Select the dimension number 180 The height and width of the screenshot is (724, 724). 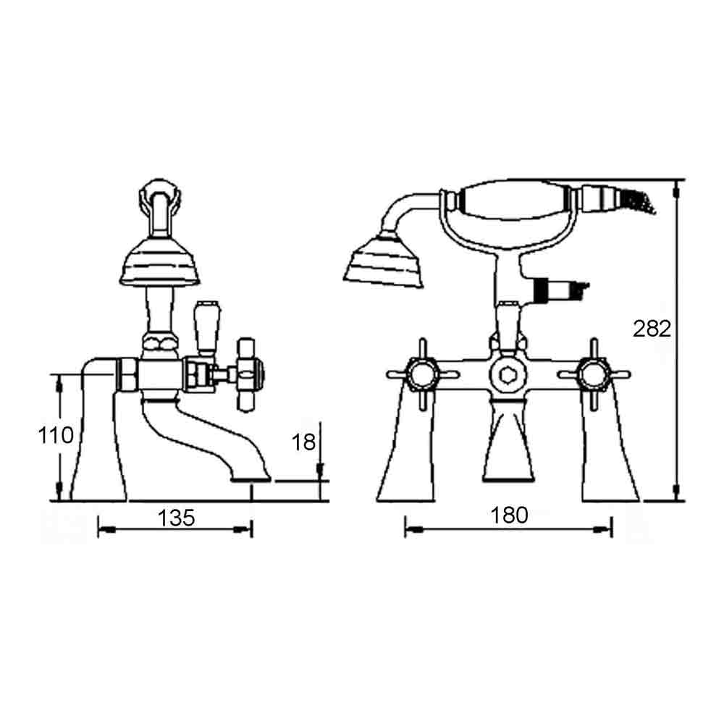point(510,515)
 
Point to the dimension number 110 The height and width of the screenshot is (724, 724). point(56,435)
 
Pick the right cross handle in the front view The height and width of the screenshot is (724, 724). point(594,374)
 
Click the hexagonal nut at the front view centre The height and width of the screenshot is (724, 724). point(508,375)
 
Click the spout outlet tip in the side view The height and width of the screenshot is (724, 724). point(251,479)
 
